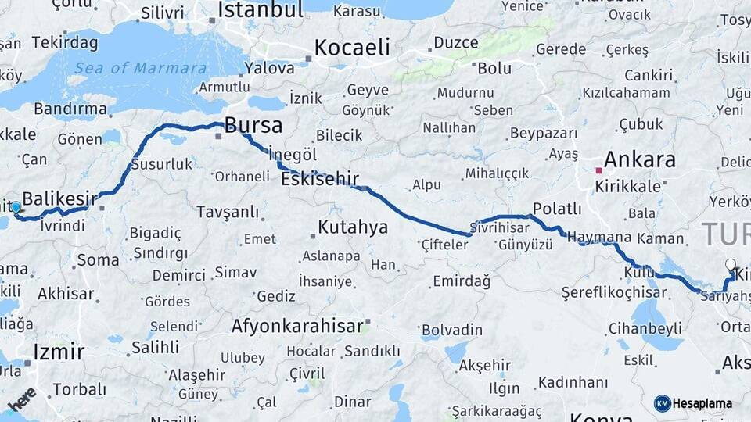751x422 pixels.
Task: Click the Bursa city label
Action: pyautogui.click(x=253, y=126)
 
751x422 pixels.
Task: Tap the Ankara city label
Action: pyautogui.click(x=639, y=160)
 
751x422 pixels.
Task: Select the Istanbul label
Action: pyautogui.click(x=260, y=10)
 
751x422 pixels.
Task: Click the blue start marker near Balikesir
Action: pyautogui.click(x=16, y=207)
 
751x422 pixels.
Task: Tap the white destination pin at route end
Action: pyautogui.click(x=731, y=266)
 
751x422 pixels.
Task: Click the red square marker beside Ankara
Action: pyautogui.click(x=598, y=170)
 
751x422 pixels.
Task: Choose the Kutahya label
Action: pyautogui.click(x=353, y=227)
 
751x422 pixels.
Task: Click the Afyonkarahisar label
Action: pyautogui.click(x=296, y=326)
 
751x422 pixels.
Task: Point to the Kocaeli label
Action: pyautogui.click(x=351, y=47)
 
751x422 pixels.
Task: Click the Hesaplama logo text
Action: pyautogui.click(x=702, y=403)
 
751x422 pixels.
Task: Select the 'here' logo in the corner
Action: pyautogui.click(x=22, y=398)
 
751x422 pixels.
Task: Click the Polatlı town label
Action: pyautogui.click(x=556, y=209)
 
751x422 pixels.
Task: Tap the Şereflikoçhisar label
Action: pyautogui.click(x=613, y=292)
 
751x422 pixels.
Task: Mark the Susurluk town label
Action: pyautogui.click(x=160, y=164)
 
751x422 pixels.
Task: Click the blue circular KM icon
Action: pyautogui.click(x=662, y=403)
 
